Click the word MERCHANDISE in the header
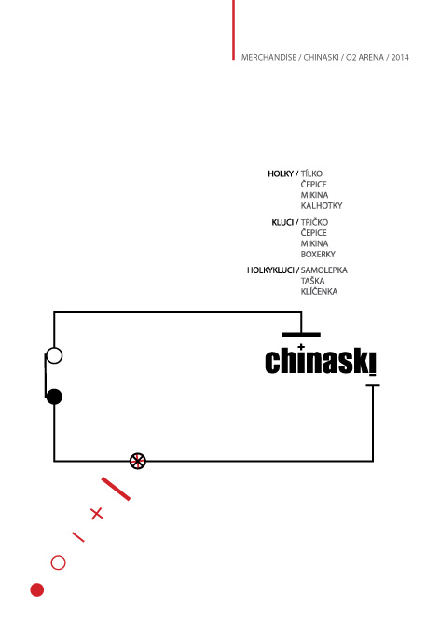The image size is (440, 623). [x=268, y=57]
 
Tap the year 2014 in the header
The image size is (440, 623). [x=400, y=57]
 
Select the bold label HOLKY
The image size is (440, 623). [x=281, y=173]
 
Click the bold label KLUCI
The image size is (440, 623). [x=282, y=222]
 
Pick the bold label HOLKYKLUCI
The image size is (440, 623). [x=270, y=270]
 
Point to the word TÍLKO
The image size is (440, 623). [x=311, y=173]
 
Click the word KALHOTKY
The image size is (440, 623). [x=322, y=206]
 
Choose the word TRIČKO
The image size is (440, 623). [x=314, y=222]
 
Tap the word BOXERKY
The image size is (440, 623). [x=318, y=255]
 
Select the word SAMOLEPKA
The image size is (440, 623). [x=324, y=270]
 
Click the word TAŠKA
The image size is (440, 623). [x=313, y=281]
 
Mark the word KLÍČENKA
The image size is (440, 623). [x=319, y=291]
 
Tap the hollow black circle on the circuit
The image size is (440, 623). [x=54, y=349]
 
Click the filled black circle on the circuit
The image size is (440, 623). [x=54, y=396]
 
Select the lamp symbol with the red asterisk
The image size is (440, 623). [x=138, y=461]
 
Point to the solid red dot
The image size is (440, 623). [x=37, y=590]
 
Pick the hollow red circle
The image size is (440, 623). [x=59, y=556]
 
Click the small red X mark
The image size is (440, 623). [x=97, y=514]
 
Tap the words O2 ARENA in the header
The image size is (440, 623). [x=364, y=57]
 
